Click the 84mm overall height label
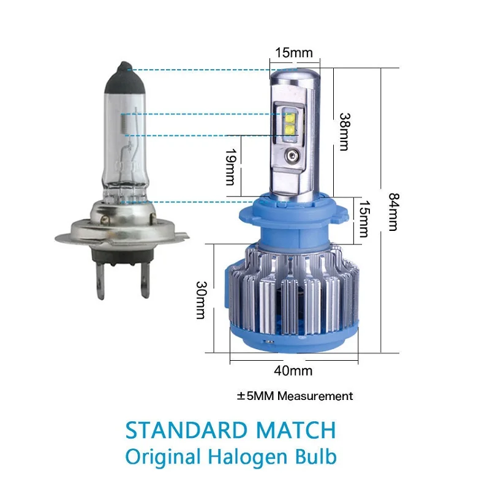[394, 212]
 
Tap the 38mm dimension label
[345, 132]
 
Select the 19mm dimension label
[231, 167]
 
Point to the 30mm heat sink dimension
[202, 300]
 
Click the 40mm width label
[293, 371]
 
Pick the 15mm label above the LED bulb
[294, 53]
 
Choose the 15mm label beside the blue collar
[364, 219]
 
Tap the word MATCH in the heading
[296, 431]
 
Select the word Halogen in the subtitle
[247, 457]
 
